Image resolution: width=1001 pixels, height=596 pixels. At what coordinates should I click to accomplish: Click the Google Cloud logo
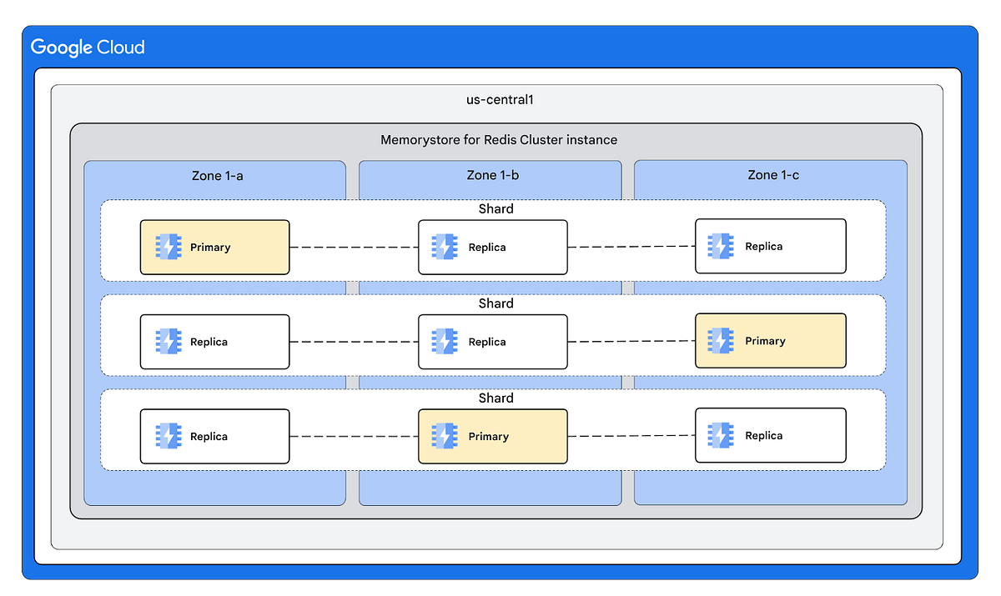(x=88, y=48)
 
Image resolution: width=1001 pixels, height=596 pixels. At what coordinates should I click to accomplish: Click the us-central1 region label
(x=500, y=100)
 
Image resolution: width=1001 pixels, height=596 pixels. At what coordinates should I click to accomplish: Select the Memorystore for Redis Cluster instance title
(x=499, y=139)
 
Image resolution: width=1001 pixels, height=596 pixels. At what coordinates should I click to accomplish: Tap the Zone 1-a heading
(x=217, y=175)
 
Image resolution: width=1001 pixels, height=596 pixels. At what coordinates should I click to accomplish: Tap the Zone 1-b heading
(x=492, y=175)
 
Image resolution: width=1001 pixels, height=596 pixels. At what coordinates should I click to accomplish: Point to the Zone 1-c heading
(x=773, y=175)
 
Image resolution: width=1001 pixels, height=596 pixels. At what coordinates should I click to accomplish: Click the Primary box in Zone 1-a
(x=214, y=248)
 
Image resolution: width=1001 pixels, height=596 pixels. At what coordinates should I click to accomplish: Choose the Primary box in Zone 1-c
(x=770, y=341)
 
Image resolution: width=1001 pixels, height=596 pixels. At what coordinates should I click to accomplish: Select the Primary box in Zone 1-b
(x=492, y=436)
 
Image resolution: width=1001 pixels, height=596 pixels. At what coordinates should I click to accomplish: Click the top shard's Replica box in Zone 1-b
(x=492, y=248)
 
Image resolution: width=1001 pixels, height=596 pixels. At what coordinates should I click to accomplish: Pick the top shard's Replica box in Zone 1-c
(x=770, y=247)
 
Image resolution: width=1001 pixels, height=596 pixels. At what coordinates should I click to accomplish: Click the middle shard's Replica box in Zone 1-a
(x=214, y=342)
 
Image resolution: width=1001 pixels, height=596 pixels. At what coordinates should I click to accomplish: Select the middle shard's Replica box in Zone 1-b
(x=492, y=342)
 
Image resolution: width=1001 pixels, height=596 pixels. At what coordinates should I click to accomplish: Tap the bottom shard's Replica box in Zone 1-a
(x=214, y=436)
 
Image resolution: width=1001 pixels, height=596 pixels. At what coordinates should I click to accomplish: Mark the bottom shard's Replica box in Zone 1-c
(x=770, y=435)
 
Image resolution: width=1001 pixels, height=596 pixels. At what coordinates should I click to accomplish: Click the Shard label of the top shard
(x=495, y=209)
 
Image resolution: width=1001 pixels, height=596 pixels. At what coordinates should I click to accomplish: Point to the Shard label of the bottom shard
(x=495, y=398)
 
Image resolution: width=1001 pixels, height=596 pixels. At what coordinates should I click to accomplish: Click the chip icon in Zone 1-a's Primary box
(x=168, y=248)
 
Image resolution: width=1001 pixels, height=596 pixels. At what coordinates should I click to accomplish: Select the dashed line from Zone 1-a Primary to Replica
(x=354, y=248)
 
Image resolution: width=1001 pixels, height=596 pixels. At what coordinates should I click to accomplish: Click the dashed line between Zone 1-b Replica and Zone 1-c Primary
(x=631, y=342)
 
